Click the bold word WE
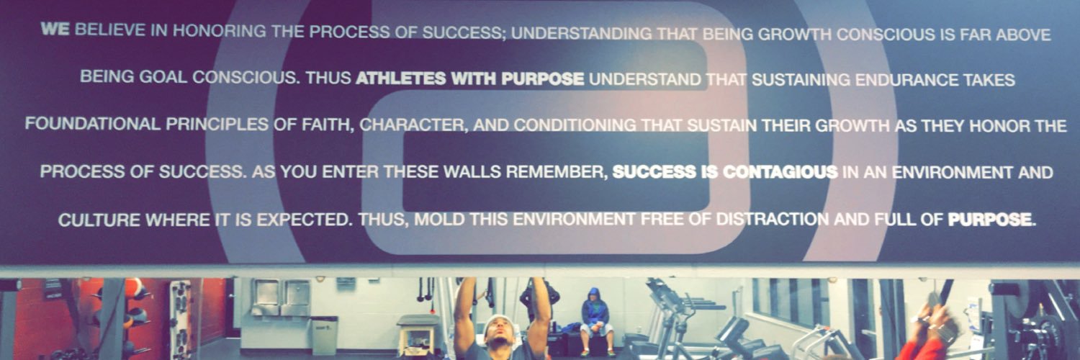pos(55,31)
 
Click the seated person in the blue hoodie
pos(594,314)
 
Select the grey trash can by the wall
pos(324,334)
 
